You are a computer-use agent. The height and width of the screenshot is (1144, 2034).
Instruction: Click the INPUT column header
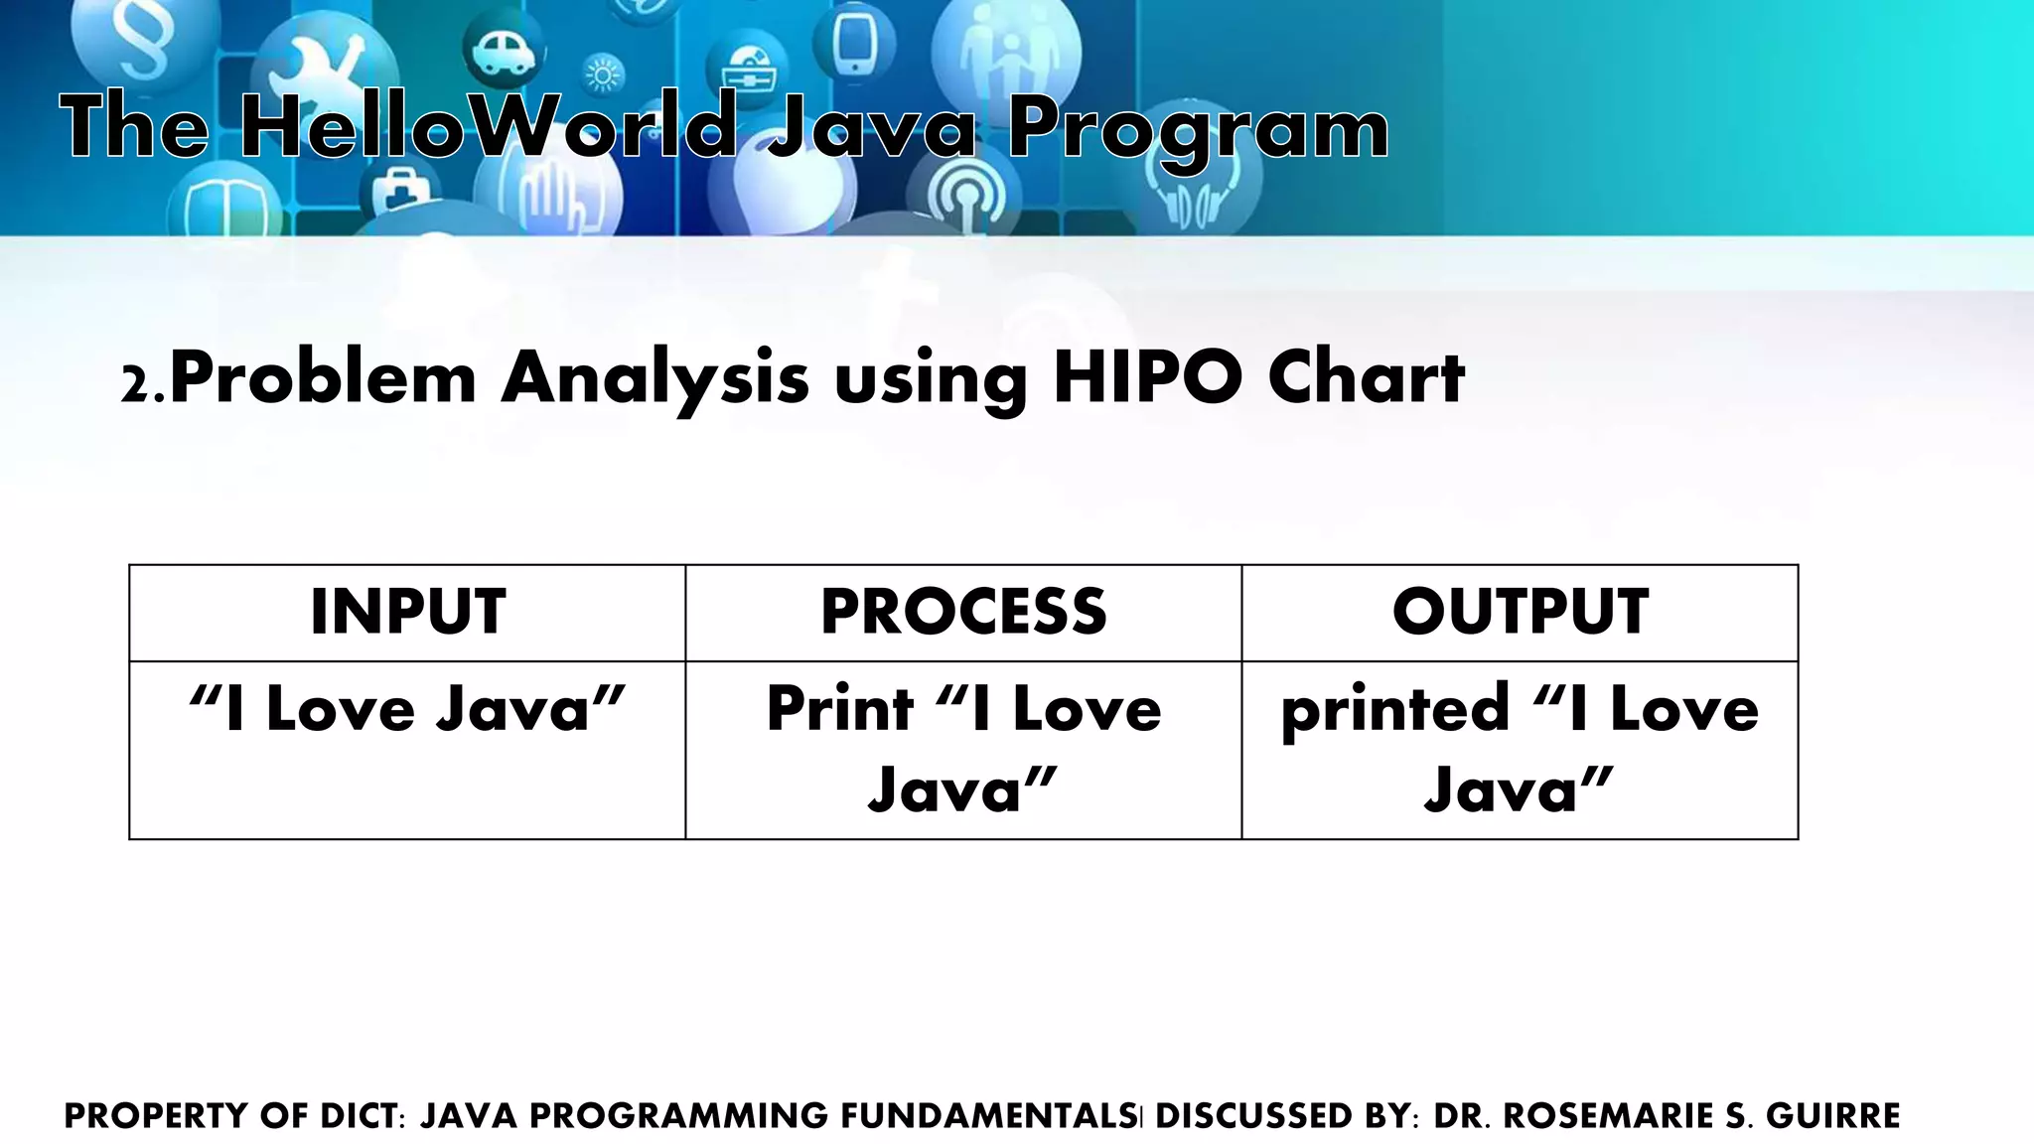[407, 612]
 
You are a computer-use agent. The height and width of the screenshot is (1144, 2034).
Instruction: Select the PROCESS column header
[963, 612]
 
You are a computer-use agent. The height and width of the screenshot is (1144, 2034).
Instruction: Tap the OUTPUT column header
[1520, 612]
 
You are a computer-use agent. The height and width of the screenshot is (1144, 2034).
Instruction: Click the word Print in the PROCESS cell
[839, 709]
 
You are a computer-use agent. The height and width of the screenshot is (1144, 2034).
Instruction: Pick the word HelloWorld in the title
[487, 127]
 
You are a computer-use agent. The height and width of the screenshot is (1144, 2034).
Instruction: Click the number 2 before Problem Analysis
[133, 385]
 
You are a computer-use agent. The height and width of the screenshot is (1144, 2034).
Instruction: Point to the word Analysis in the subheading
[655, 379]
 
